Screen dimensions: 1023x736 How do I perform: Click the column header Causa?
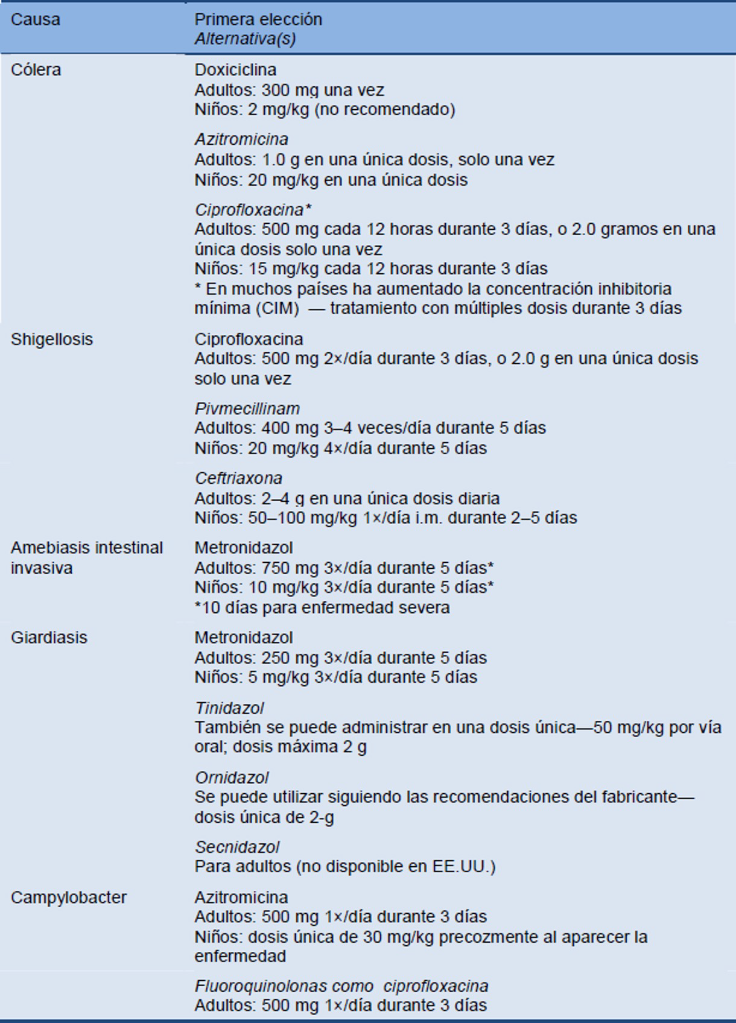(36, 19)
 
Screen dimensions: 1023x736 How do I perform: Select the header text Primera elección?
(258, 19)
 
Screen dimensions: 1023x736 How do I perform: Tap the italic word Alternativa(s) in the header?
(245, 39)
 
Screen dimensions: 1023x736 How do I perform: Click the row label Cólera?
(36, 70)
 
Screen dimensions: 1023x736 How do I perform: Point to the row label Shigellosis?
(52, 339)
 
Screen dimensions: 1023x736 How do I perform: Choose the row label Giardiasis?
(49, 638)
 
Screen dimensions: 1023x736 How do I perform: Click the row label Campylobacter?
(69, 898)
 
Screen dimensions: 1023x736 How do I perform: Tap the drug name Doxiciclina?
(235, 70)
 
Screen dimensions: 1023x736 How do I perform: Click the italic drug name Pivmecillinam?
(247, 408)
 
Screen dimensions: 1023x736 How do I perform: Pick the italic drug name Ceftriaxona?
(238, 478)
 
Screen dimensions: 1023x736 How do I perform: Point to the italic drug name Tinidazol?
(229, 708)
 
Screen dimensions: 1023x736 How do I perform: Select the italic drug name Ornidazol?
(232, 778)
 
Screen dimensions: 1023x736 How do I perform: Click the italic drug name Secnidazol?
(237, 847)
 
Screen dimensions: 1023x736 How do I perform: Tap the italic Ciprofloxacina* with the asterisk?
(253, 210)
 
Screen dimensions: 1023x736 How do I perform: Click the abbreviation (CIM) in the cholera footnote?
(277, 308)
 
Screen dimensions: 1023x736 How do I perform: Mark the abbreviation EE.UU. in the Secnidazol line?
(462, 867)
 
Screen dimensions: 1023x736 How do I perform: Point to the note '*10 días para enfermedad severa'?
(322, 607)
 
